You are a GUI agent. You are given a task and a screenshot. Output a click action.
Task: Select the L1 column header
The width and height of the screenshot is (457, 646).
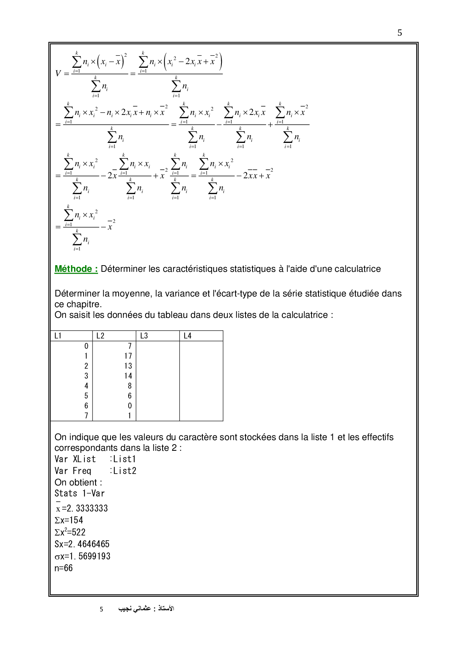[58, 336]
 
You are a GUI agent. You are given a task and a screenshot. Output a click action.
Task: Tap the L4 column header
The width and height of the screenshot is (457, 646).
[188, 336]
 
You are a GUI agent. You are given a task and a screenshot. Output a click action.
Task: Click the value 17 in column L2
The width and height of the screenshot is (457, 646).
[128, 356]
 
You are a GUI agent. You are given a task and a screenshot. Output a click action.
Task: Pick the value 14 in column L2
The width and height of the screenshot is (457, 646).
[128, 376]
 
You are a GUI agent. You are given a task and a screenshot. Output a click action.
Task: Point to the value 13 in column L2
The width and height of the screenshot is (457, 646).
[128, 366]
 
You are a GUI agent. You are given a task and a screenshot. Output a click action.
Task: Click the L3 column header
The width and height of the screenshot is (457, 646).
[144, 336]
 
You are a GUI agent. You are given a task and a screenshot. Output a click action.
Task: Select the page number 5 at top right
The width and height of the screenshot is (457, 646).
[400, 33]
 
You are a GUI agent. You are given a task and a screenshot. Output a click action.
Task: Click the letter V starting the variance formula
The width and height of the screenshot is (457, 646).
[58, 73]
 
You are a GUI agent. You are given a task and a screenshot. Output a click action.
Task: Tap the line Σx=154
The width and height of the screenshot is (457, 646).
[69, 520]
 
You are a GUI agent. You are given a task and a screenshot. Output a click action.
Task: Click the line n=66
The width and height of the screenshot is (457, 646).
[63, 568]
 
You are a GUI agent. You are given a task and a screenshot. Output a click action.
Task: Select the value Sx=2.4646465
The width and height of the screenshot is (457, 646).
[82, 544]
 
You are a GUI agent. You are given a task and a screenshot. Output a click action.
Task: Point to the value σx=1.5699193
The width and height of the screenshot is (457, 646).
[82, 556]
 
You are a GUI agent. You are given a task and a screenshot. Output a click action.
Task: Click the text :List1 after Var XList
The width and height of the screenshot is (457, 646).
[123, 459]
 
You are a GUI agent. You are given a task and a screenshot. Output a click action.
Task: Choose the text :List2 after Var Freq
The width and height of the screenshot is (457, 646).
[123, 471]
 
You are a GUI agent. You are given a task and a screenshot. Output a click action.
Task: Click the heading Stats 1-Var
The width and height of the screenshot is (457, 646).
[80, 493]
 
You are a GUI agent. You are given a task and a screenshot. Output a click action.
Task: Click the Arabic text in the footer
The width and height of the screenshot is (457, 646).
[146, 608]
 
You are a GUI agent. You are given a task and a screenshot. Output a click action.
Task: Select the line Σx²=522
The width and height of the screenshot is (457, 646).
[70, 532]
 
